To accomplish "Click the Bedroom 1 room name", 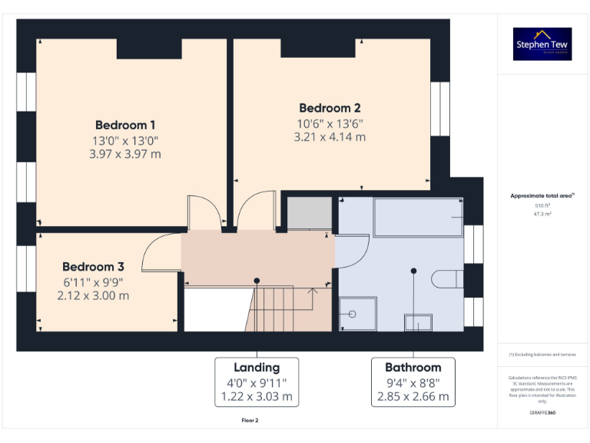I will click(125, 125).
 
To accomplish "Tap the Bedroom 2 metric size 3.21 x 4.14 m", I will click(330, 137).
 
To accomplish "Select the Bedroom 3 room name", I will click(93, 266).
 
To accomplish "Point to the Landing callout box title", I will click(257, 368).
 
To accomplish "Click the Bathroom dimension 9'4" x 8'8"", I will click(413, 383).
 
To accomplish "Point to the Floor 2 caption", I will click(250, 421).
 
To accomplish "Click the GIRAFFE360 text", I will click(542, 413).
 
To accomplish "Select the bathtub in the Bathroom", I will click(418, 217).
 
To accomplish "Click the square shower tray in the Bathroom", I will click(358, 314).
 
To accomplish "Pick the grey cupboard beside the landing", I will click(309, 213).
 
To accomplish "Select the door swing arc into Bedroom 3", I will click(157, 250).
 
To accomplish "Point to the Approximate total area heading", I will click(542, 196).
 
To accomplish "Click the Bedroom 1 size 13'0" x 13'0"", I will click(125, 141).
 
